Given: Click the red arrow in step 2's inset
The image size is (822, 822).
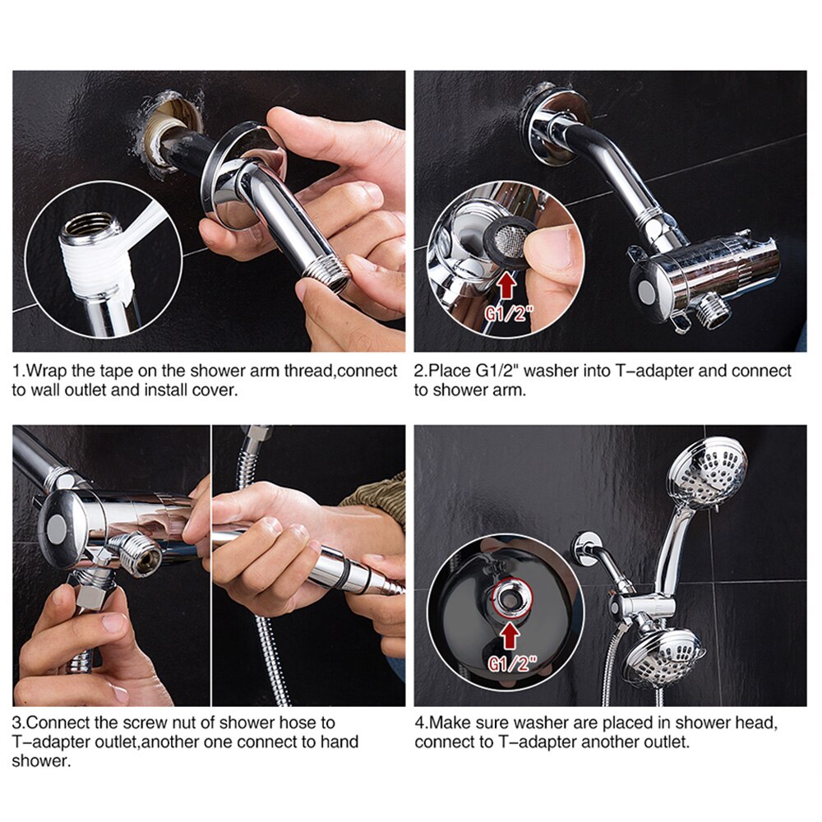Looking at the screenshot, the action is pyautogui.click(x=506, y=288).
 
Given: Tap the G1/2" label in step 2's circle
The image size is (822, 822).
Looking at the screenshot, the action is pyautogui.click(x=508, y=313).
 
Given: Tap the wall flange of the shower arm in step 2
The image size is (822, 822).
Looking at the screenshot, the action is pyautogui.click(x=556, y=126).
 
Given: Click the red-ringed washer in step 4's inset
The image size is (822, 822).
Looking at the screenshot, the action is pyautogui.click(x=512, y=598).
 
